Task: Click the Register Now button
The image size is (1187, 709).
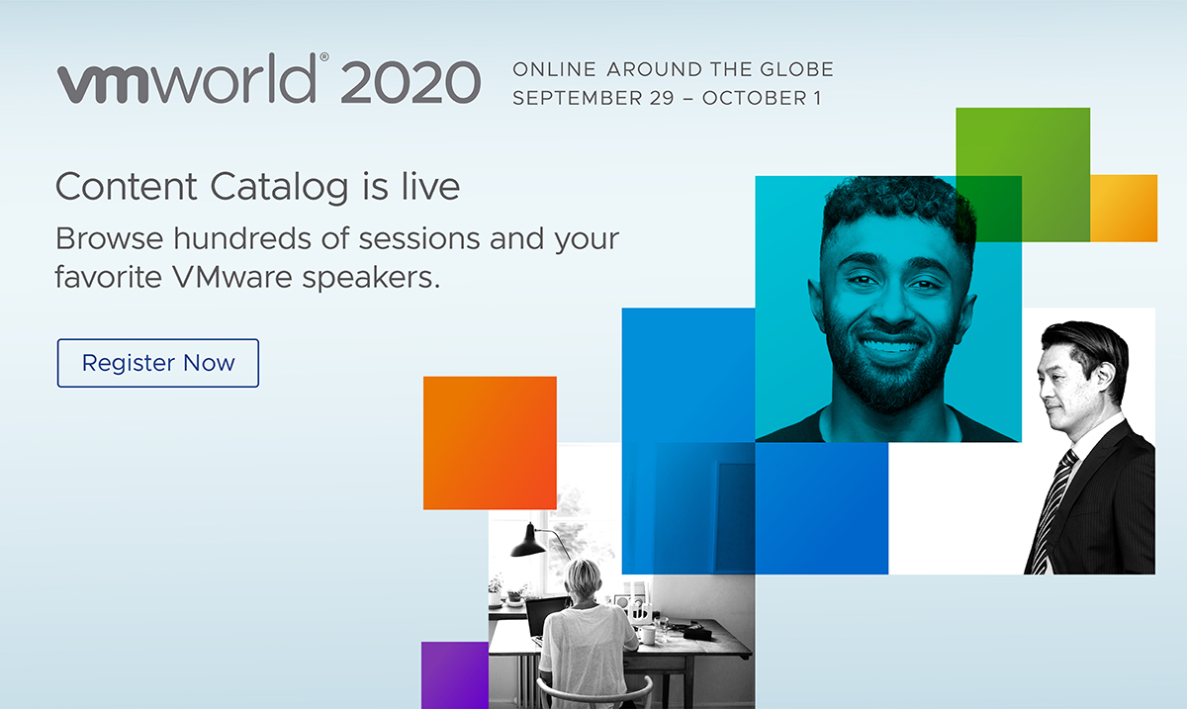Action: coord(158,363)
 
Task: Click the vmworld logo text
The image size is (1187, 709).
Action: coord(189,81)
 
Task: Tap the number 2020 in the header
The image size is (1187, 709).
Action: coord(410,82)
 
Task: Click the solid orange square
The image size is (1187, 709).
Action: coord(490,442)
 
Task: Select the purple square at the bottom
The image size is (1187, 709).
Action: coord(454,674)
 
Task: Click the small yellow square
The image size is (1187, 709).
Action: coord(1124,208)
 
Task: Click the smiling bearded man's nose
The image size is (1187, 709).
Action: coord(885,304)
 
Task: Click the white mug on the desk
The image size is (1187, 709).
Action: coord(647,634)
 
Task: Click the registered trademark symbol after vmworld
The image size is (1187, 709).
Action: coord(324,58)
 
